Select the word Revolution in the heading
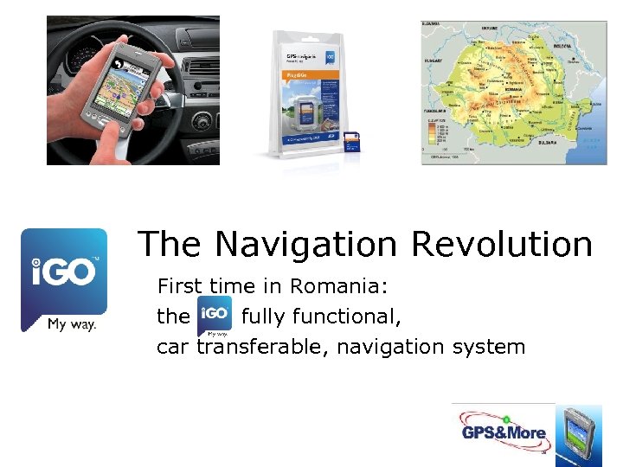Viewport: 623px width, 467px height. tap(502, 244)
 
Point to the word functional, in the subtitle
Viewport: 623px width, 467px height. tap(321, 317)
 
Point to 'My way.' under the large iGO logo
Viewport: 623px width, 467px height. tap(71, 324)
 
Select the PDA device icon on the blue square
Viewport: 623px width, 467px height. tap(577, 435)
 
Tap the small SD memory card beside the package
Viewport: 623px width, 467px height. tap(352, 144)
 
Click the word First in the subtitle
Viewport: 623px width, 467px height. tap(179, 286)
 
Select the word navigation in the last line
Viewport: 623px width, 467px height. tap(390, 347)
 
